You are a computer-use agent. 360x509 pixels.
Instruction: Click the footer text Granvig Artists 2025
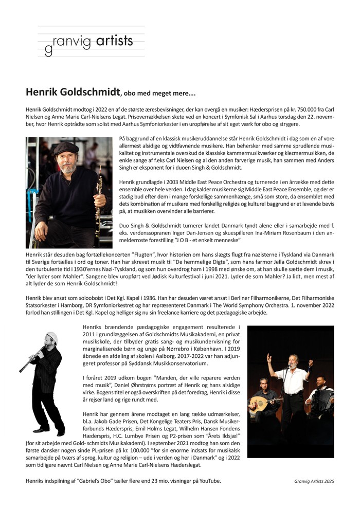point(311,481)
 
